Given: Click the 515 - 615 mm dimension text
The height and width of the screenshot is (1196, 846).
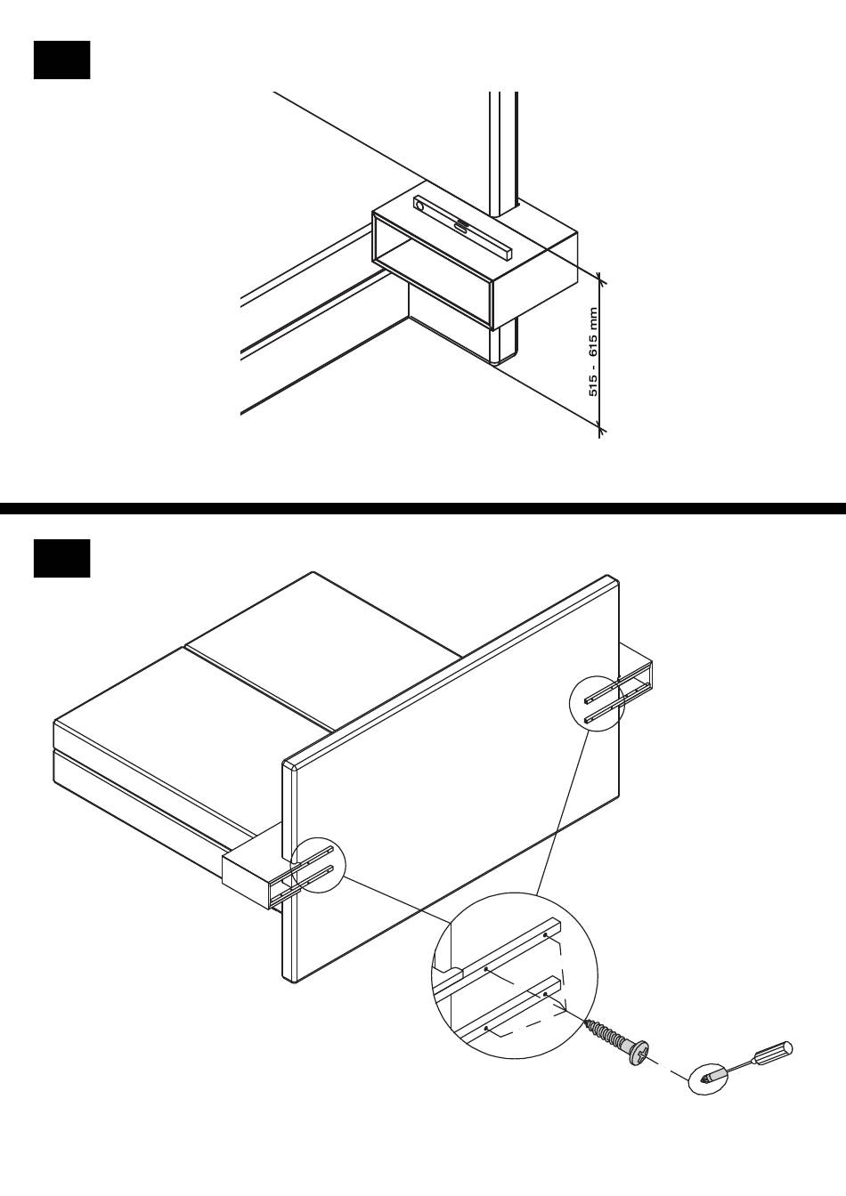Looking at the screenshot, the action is pyautogui.click(x=593, y=352).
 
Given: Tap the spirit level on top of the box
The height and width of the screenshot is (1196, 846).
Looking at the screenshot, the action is pyautogui.click(x=462, y=228).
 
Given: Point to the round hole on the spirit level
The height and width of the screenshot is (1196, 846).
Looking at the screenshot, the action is pyautogui.click(x=420, y=205).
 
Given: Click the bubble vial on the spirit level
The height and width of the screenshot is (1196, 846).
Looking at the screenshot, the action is pyautogui.click(x=460, y=226).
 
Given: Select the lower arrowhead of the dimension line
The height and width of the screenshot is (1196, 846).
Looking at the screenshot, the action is pyautogui.click(x=600, y=424).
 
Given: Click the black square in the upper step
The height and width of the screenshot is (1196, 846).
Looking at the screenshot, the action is pyautogui.click(x=62, y=60).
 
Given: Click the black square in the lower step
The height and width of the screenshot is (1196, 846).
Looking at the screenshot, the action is pyautogui.click(x=62, y=558).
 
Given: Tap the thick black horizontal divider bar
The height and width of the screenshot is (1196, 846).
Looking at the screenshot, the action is pyautogui.click(x=423, y=508).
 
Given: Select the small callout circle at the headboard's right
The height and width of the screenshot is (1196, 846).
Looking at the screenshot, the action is pyautogui.click(x=597, y=703).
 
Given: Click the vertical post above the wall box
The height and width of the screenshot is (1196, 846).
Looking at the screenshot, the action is pyautogui.click(x=503, y=154).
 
